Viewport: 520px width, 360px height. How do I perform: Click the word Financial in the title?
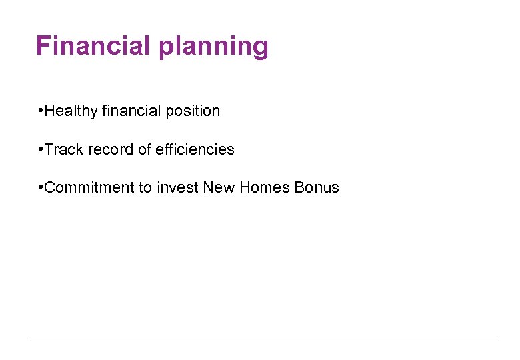[x=94, y=46]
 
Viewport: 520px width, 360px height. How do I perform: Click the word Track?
[x=63, y=149]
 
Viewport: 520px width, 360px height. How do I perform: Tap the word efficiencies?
[x=195, y=149]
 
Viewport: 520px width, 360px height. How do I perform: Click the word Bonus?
[x=317, y=187]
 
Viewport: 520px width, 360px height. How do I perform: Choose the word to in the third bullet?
[x=145, y=187]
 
